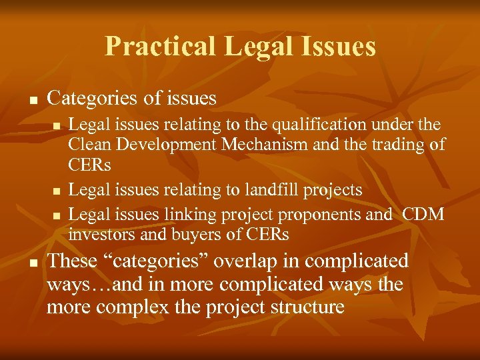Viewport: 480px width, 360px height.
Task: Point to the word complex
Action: click(131, 307)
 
